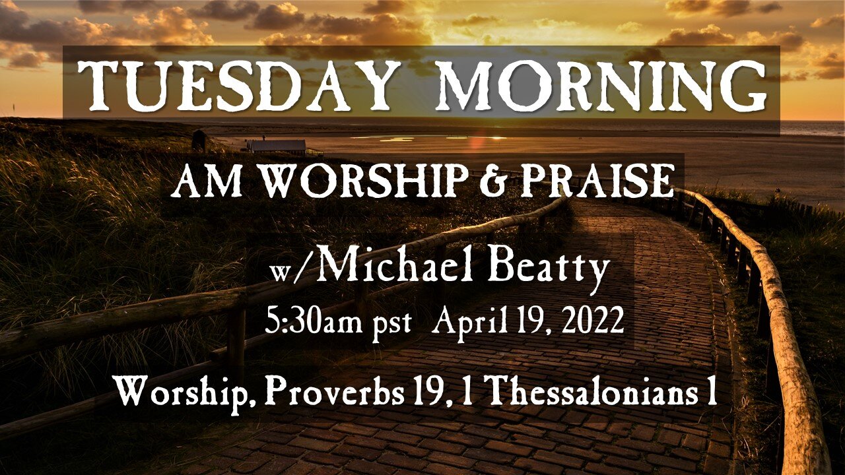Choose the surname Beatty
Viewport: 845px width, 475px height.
click(558, 269)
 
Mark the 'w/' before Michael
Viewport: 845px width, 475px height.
click(285, 271)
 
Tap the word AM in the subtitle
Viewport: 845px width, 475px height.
click(195, 181)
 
